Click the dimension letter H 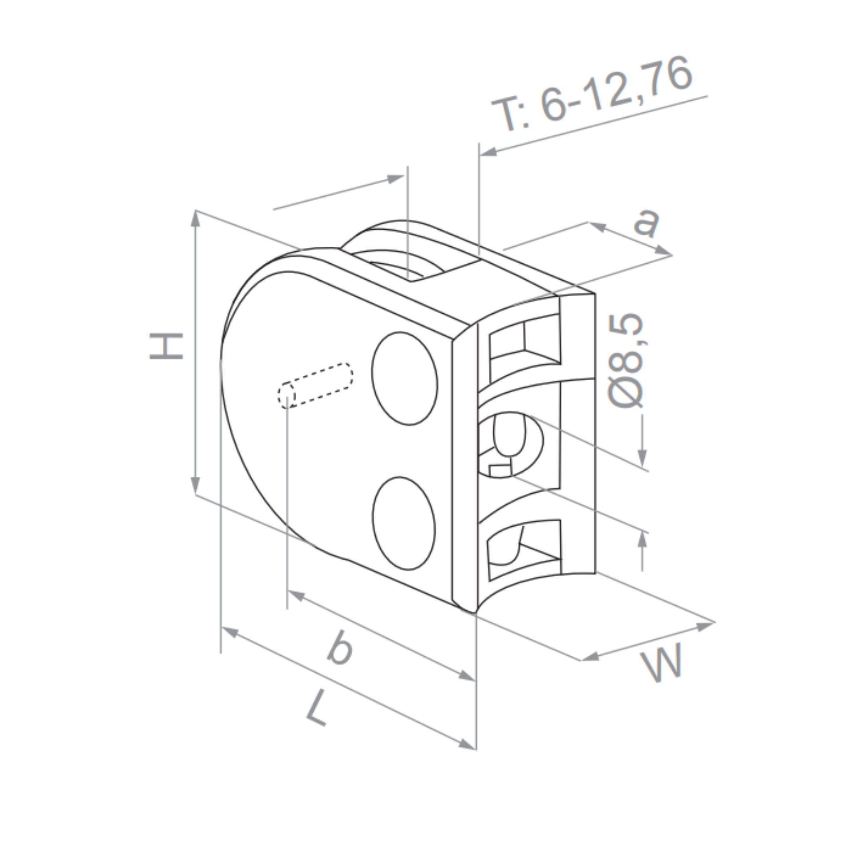coord(166,346)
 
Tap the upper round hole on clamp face coord(404,379)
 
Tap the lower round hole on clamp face coord(404,523)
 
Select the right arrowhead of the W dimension coord(705,625)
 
